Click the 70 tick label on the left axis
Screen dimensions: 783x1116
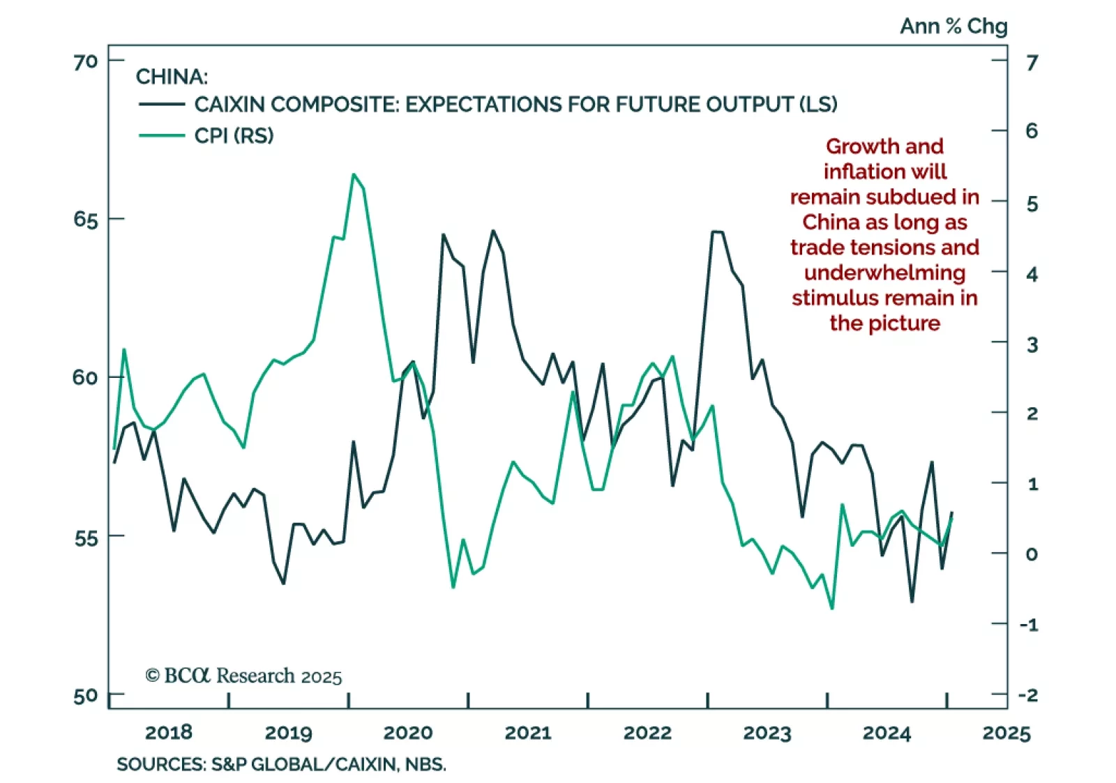pos(85,62)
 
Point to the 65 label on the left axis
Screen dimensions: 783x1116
pos(85,220)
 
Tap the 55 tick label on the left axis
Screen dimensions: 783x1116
pos(85,538)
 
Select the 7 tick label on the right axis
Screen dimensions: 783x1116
pos(1032,63)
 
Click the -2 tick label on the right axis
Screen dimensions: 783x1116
pos(1028,695)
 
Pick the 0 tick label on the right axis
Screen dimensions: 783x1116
pos(1032,554)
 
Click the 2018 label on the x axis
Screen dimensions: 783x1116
pos(168,733)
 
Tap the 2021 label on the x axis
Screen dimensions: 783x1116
pos(528,733)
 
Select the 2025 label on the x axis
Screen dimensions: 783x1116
pos(1006,733)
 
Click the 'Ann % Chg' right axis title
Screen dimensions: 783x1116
pos(953,26)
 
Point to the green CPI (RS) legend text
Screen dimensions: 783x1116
pos(234,135)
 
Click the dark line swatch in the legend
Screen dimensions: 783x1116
pos(162,105)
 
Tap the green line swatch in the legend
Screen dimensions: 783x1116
pos(162,135)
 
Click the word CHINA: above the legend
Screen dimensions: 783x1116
pos(172,76)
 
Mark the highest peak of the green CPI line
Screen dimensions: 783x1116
pos(354,174)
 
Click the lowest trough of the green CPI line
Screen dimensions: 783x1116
pos(831,608)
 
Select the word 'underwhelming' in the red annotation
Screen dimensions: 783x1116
pos(884,273)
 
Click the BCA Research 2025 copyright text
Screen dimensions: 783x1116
pos(243,676)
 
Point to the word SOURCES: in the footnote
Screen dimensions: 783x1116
pos(161,764)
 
